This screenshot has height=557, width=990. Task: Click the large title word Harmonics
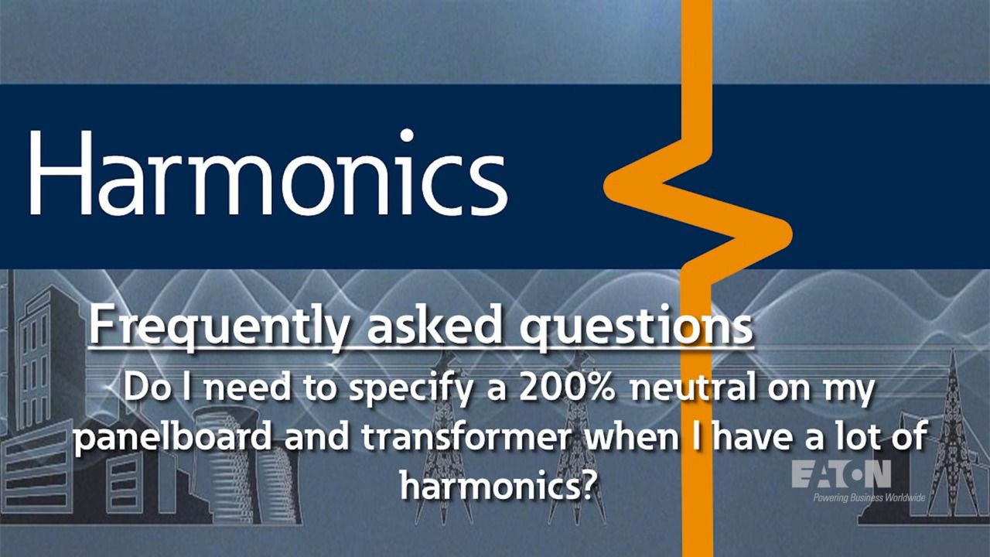[x=268, y=173]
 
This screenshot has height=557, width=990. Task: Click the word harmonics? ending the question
[x=497, y=484]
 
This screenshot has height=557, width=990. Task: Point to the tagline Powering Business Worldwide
[x=869, y=497]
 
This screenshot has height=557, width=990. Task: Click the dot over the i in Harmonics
[x=406, y=135]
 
